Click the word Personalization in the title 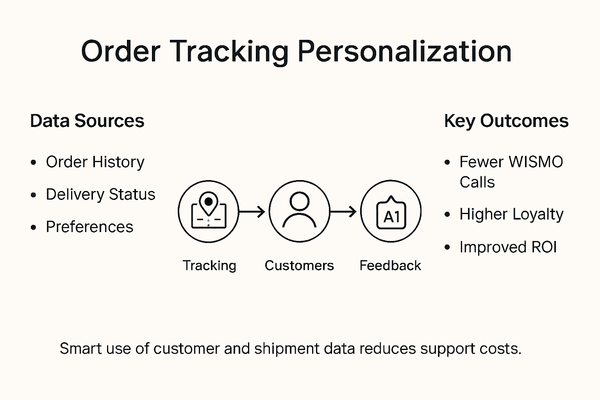[x=404, y=52]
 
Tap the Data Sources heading [x=87, y=121]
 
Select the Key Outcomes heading [x=506, y=121]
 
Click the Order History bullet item [x=95, y=162]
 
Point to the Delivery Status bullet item [x=100, y=195]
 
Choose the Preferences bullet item [x=89, y=227]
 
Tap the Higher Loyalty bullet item [x=511, y=214]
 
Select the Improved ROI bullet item [x=508, y=247]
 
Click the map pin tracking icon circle [x=208, y=211]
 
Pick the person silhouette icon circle [x=299, y=211]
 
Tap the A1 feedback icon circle [x=391, y=211]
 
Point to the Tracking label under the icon [x=209, y=266]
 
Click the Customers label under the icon [x=299, y=266]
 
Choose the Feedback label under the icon [x=390, y=266]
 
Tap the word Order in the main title [x=121, y=52]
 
